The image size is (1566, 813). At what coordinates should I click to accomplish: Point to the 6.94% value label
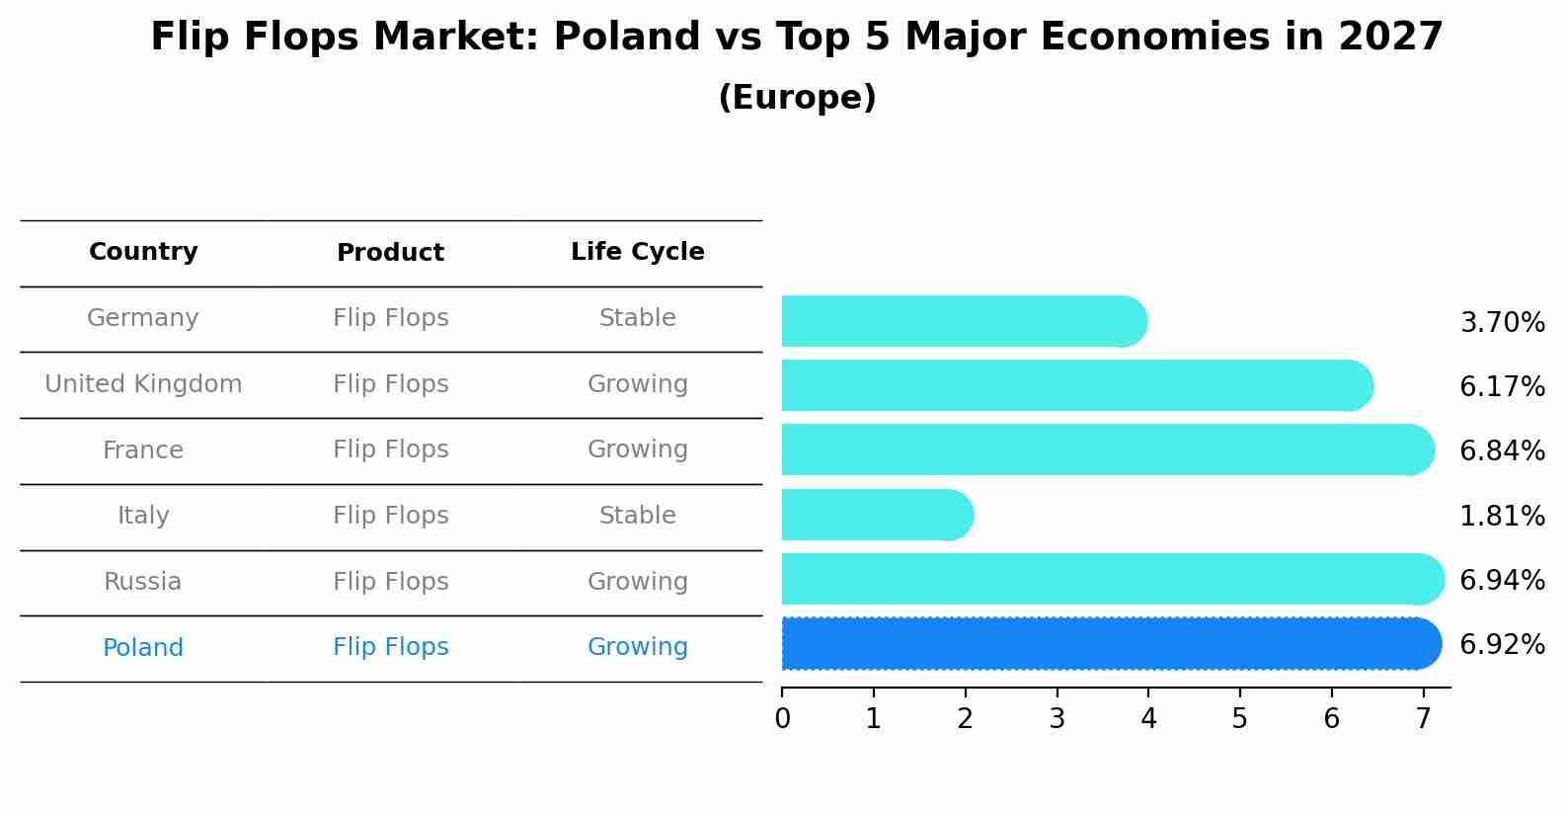coord(1502,581)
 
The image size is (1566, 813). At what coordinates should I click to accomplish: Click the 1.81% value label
coord(1502,516)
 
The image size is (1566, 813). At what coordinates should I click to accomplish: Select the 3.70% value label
coord(1502,323)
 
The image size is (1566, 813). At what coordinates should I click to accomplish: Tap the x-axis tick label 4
coord(1148,719)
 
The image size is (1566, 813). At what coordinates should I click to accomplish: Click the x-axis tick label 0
coord(782,719)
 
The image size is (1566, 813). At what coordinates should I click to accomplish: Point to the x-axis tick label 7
coord(1423,719)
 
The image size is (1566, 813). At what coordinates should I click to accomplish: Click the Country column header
coord(143,252)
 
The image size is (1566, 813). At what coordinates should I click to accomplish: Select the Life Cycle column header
coord(638,252)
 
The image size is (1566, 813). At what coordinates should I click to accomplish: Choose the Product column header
coord(390,253)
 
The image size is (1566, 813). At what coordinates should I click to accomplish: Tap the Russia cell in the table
coord(143,582)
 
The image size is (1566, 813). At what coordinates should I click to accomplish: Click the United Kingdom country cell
coord(143,384)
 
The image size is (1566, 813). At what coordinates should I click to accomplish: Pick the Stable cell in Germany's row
coord(638,318)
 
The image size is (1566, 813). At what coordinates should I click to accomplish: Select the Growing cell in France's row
coord(638,449)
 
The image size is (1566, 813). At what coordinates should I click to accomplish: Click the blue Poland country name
coord(143,648)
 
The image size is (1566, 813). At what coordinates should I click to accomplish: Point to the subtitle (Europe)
coord(797,98)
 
